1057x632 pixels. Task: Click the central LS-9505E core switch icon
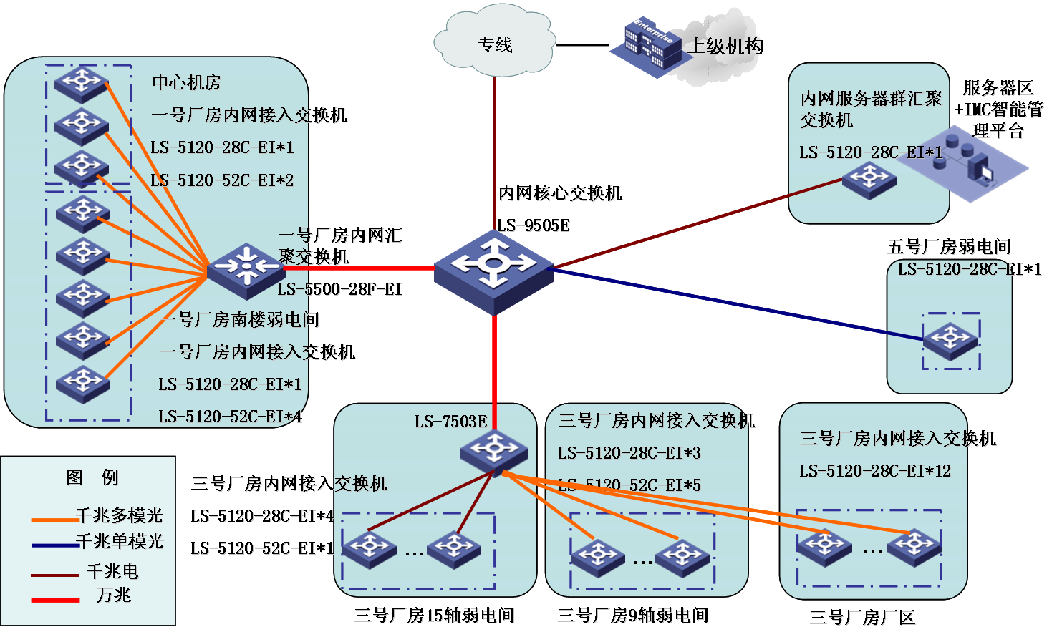click(x=493, y=271)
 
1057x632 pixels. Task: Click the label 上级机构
click(x=725, y=47)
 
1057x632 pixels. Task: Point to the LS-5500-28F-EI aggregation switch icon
click(x=246, y=269)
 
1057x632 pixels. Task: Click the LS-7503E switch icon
click(x=493, y=450)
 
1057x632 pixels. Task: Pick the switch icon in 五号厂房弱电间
click(x=950, y=340)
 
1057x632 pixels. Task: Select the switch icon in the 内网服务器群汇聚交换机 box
click(x=869, y=180)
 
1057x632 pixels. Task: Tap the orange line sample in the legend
click(x=54, y=519)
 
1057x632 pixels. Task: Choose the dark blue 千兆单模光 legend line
click(x=54, y=545)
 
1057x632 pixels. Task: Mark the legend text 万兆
click(x=114, y=595)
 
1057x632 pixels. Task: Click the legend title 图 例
click(x=92, y=477)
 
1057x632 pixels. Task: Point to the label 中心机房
click(x=186, y=83)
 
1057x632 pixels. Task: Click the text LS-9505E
click(x=534, y=225)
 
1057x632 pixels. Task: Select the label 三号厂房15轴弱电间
click(x=434, y=615)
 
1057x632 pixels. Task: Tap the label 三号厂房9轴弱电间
click(x=633, y=615)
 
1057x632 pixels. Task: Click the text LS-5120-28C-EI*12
click(x=875, y=471)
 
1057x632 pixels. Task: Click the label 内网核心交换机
click(x=561, y=193)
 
